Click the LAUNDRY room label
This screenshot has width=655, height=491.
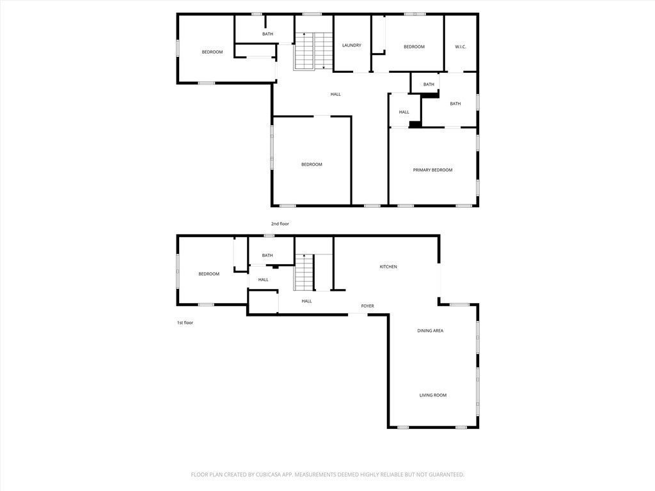[352, 45]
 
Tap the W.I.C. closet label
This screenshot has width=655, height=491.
[461, 47]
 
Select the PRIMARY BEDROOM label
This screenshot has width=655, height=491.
[432, 170]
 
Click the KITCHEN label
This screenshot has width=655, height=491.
[388, 267]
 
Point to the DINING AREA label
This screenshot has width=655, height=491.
[430, 331]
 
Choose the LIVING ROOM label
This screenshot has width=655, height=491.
[432, 395]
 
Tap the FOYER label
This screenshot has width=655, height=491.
[367, 306]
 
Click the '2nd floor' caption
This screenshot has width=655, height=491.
[280, 224]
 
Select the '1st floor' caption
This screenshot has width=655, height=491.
[185, 323]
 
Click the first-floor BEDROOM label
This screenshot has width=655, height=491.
[209, 274]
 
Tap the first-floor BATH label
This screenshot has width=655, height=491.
[267, 256]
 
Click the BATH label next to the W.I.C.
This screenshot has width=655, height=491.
[429, 84]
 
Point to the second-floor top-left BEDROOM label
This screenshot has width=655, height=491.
[212, 52]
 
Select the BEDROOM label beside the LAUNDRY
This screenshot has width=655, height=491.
[414, 47]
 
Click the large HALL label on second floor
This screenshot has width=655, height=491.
[335, 95]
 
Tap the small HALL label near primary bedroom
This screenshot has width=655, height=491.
[404, 112]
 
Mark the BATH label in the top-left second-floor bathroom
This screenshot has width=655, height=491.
[267, 34]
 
